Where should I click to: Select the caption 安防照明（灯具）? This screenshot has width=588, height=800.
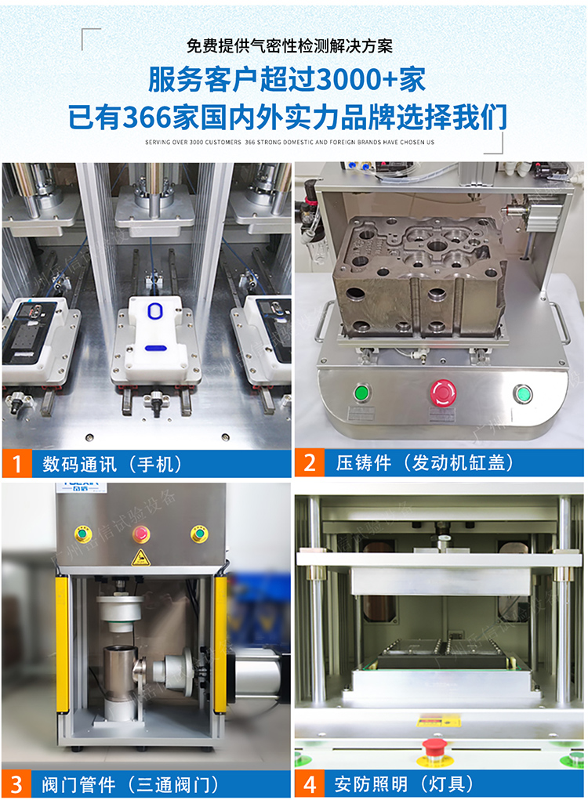tap(404, 784)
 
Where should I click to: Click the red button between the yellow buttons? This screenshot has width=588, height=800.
tap(142, 534)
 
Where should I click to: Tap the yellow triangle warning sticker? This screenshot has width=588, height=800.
tap(142, 557)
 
